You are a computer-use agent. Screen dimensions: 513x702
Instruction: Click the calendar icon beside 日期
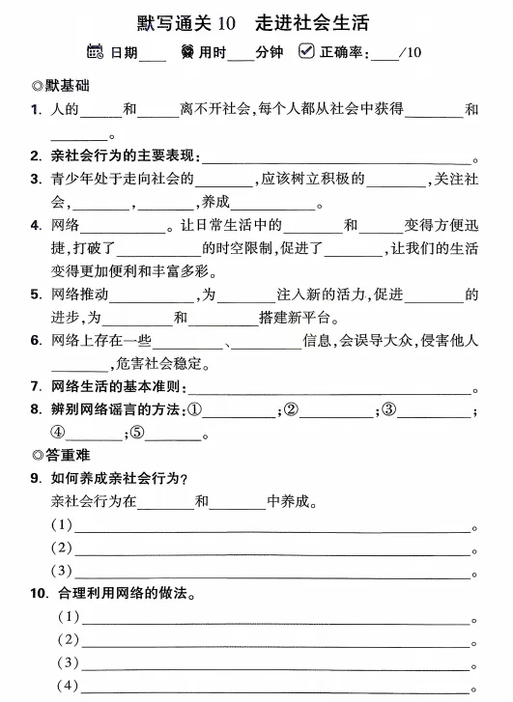95,52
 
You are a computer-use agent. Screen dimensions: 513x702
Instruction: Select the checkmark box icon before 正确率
307,52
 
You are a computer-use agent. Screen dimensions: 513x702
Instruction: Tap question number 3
34,180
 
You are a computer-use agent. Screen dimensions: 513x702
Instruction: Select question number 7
34,387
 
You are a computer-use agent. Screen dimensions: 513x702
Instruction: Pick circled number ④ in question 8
59,434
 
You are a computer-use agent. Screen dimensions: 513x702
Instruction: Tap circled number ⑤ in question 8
137,434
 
